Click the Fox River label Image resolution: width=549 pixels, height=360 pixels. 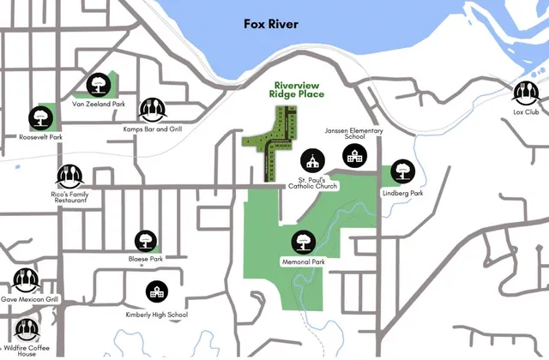pos(269,24)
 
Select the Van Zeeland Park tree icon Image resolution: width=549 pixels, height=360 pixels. pos(97,83)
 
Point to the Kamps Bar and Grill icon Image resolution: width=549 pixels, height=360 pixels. pos(152,109)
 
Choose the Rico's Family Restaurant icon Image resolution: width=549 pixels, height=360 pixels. pos(69,176)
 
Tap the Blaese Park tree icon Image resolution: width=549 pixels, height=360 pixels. pos(144,241)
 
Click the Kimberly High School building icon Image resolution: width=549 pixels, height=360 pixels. pos(156,292)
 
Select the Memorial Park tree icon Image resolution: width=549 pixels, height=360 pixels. pos(302,242)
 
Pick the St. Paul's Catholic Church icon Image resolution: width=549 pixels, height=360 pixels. pos(312,160)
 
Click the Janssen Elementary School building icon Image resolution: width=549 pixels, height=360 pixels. pos(353,156)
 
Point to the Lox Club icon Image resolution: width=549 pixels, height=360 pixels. pos(525,92)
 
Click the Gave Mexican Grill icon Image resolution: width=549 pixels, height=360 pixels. pos(24,279)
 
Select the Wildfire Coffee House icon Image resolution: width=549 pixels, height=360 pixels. pos(26,330)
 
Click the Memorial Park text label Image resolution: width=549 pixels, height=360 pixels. pos(302,261)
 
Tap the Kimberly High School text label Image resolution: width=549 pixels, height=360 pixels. pos(155,315)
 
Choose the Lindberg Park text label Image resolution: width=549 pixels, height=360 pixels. pos(402,194)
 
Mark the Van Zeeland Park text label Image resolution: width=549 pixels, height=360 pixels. pos(99,105)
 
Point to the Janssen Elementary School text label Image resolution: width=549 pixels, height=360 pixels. pos(353,134)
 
